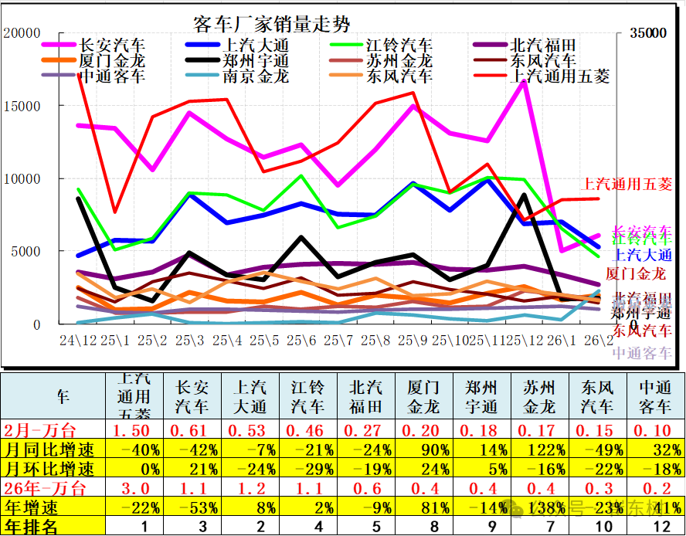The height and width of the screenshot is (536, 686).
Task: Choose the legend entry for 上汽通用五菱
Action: tap(559, 76)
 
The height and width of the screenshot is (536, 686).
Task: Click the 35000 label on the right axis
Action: tap(647, 34)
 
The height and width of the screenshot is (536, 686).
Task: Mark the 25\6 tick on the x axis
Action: tap(301, 340)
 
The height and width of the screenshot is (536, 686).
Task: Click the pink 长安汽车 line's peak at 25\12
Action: tap(525, 81)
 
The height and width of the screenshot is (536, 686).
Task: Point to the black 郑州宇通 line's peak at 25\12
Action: tap(525, 195)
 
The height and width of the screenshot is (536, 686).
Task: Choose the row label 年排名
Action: tap(31, 527)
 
